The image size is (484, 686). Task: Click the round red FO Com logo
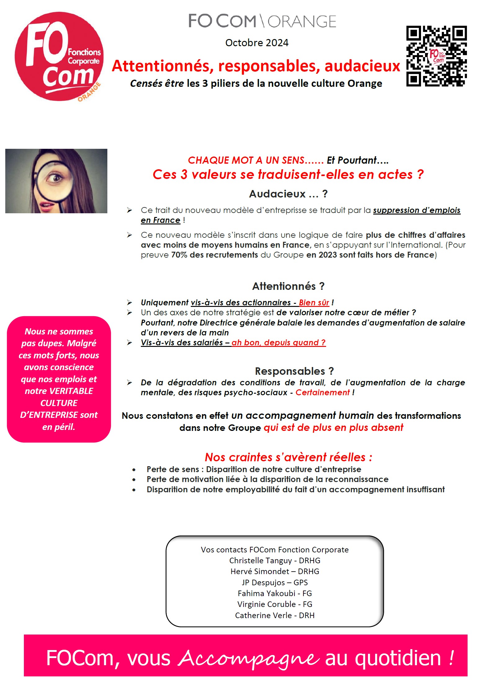tap(59, 56)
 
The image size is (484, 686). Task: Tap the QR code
tap(436, 56)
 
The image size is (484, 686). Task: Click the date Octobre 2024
tap(257, 43)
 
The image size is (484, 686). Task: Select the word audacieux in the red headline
tap(362, 66)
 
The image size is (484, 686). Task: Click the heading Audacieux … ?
tap(288, 194)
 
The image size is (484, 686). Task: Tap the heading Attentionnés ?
tap(288, 286)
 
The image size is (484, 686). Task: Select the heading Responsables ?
tap(294, 371)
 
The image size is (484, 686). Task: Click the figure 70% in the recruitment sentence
tap(179, 255)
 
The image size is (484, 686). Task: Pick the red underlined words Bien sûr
tap(314, 303)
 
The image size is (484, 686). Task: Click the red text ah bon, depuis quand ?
tap(278, 343)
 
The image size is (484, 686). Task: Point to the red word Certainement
tap(322, 392)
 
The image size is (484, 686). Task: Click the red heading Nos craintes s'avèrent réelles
tap(288, 457)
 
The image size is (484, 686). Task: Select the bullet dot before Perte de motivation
tap(134, 480)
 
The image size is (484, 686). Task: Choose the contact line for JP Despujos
tap(275, 582)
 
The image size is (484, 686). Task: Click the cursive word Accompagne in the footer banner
tap(248, 658)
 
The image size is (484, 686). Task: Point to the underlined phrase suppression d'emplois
tap(416, 210)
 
